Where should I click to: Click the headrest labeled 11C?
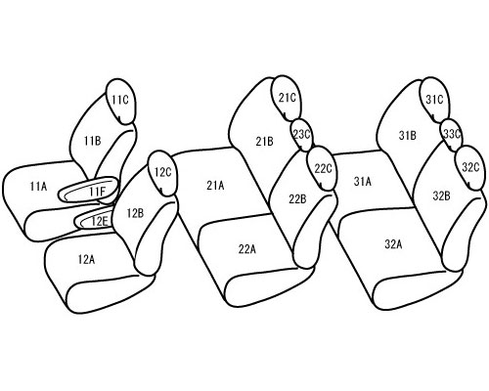coord(120,101)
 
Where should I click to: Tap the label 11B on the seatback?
coord(93,141)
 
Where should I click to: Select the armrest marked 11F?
coord(88,190)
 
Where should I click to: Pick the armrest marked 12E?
coord(95,220)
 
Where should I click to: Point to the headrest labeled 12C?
coord(162,173)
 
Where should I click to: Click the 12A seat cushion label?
coord(86,259)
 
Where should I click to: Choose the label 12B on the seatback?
coord(135,213)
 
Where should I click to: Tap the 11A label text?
coord(38,187)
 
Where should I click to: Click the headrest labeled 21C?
coord(287,98)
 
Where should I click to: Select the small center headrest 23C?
coord(301,135)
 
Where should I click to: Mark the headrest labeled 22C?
coord(323,168)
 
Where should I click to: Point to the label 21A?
coord(215,186)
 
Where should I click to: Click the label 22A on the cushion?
coord(247,249)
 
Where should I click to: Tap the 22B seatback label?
coord(297,198)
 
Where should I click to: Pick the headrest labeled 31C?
coord(434,100)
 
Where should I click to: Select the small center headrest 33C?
coord(452,134)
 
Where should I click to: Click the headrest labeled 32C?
coord(470,167)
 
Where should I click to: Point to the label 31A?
coord(363,181)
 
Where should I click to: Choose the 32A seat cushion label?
coord(393,244)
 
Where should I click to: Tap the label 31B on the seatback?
coord(408,135)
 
